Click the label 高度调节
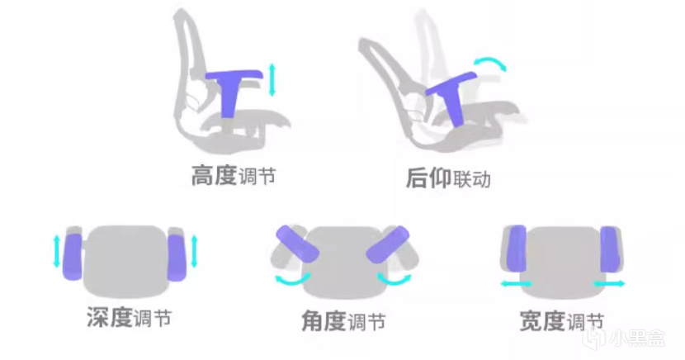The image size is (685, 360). click(x=234, y=176)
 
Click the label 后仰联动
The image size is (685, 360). click(x=448, y=178)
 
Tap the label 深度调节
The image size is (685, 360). click(x=129, y=317)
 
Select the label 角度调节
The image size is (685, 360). click(x=343, y=321)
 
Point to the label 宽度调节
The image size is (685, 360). click(x=562, y=321)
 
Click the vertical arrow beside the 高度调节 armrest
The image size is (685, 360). click(x=272, y=79)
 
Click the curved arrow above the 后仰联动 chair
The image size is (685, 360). click(x=490, y=62)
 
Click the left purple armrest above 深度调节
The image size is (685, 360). click(x=72, y=257)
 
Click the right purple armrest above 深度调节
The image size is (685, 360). click(x=177, y=258)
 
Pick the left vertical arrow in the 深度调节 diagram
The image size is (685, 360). click(x=56, y=251)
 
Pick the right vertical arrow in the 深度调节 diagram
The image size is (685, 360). click(x=195, y=251)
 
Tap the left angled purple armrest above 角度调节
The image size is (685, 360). click(x=297, y=244)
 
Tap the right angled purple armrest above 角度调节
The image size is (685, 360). click(x=388, y=244)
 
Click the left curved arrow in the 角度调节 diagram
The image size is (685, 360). click(x=293, y=280)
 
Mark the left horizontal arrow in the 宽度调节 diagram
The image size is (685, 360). click(x=517, y=284)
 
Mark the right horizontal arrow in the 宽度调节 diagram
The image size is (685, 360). click(x=609, y=284)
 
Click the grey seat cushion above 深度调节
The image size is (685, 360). click(x=125, y=260)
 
